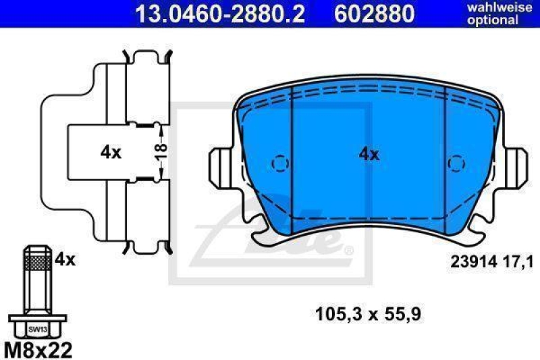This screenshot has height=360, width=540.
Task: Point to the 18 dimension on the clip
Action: (x=161, y=153)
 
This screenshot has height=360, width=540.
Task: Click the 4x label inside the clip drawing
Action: (x=111, y=153)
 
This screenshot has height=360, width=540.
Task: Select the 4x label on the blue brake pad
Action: (x=369, y=154)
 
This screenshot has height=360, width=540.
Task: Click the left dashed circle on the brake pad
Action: (x=279, y=163)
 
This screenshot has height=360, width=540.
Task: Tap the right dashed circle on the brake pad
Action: (x=457, y=163)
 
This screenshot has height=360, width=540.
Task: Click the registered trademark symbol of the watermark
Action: (x=348, y=251)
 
